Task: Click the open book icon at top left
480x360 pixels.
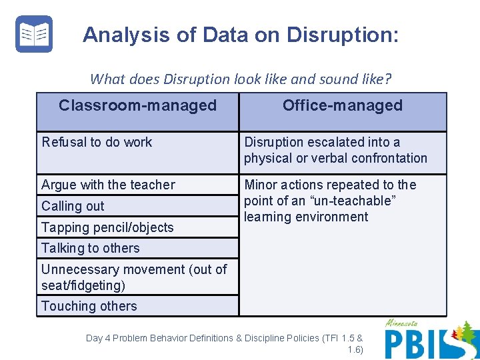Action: click(33, 34)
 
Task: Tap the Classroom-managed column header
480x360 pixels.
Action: click(137, 105)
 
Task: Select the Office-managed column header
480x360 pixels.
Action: click(342, 105)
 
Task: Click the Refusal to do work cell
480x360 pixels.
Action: click(97, 142)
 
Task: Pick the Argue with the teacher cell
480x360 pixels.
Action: click(108, 185)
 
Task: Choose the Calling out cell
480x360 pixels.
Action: click(73, 206)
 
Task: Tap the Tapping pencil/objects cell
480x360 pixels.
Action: click(107, 227)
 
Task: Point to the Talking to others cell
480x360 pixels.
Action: click(91, 248)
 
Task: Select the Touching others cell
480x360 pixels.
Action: click(89, 306)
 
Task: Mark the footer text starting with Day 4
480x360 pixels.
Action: click(225, 338)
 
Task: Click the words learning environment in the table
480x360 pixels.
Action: click(306, 217)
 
